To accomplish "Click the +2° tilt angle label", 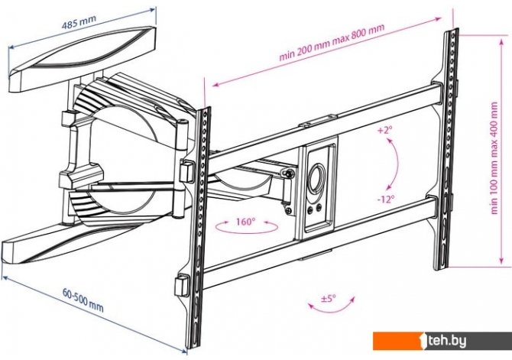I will pyautogui.click(x=384, y=131).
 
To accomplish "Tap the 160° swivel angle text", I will pyautogui.click(x=245, y=223).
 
